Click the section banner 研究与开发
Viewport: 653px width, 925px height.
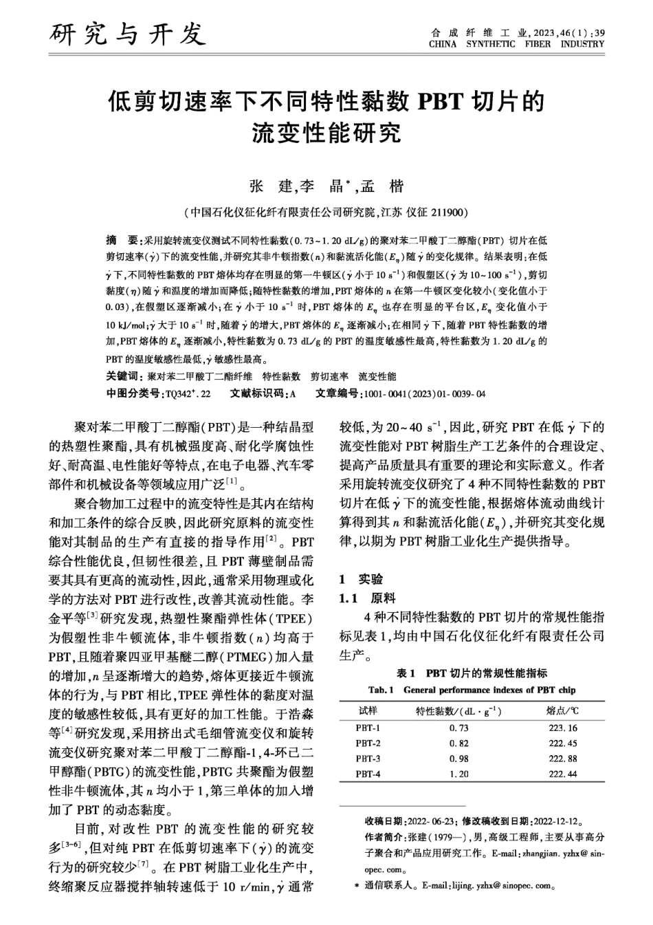pyautogui.click(x=127, y=33)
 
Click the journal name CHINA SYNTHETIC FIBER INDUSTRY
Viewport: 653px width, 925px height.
pyautogui.click(x=516, y=44)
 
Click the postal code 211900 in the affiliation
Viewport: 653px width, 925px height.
pyautogui.click(x=449, y=212)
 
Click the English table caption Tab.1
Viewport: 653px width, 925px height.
pyautogui.click(x=381, y=690)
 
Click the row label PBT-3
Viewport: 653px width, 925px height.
pyautogui.click(x=368, y=759)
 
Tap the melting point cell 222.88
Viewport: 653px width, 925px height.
pyautogui.click(x=563, y=759)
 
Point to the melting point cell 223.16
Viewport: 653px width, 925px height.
pyautogui.click(x=563, y=728)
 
